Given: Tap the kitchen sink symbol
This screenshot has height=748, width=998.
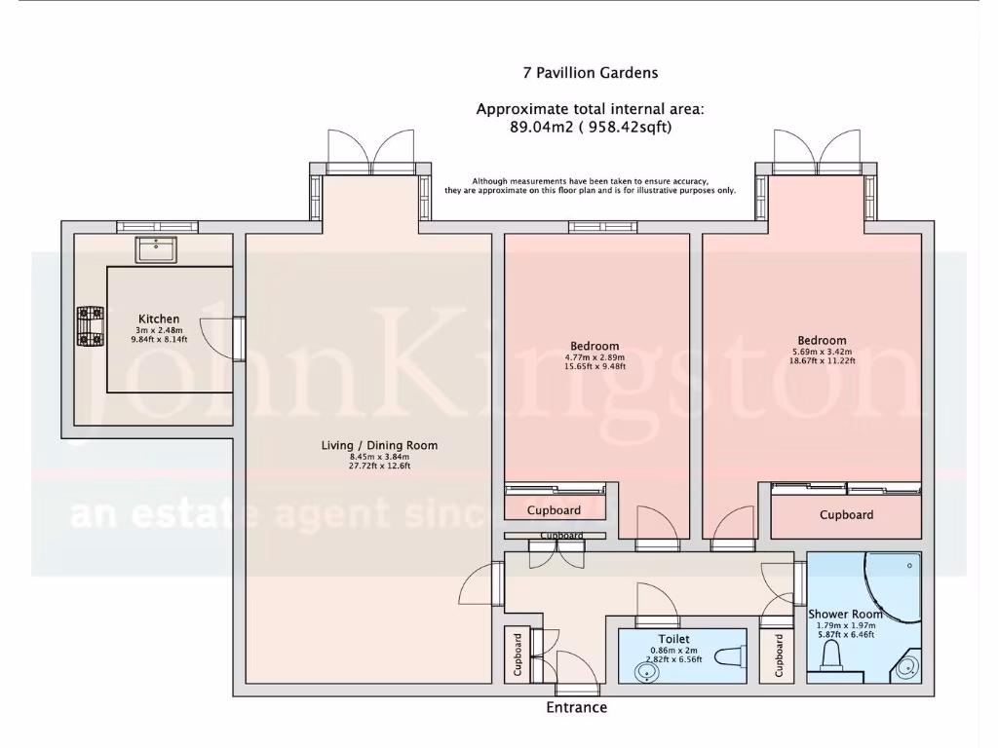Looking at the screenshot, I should coord(156,249).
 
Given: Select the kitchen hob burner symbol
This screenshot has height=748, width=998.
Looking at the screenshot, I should coord(91,326).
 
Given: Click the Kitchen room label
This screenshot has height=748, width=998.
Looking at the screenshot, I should coord(159,318).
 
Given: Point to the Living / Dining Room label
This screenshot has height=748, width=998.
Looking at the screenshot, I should coord(379,445).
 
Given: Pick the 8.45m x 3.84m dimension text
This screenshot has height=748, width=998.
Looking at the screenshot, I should coord(379,456).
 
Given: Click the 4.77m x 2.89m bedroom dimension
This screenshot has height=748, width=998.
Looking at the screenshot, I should coord(595,357).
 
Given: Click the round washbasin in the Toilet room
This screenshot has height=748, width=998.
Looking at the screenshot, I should coord(644,672).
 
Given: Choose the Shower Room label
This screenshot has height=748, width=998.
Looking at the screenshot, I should coord(845,615).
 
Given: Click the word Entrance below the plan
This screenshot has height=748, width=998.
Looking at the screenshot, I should coord(576,707).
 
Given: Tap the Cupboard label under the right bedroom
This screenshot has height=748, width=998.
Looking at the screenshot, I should coord(846,514).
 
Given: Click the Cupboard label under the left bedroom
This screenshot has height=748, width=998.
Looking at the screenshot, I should coord(554,510).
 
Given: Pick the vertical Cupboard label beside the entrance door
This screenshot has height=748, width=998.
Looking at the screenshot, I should coord(518,655).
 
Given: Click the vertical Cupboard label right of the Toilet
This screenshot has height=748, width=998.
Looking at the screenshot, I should coord(779,655).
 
